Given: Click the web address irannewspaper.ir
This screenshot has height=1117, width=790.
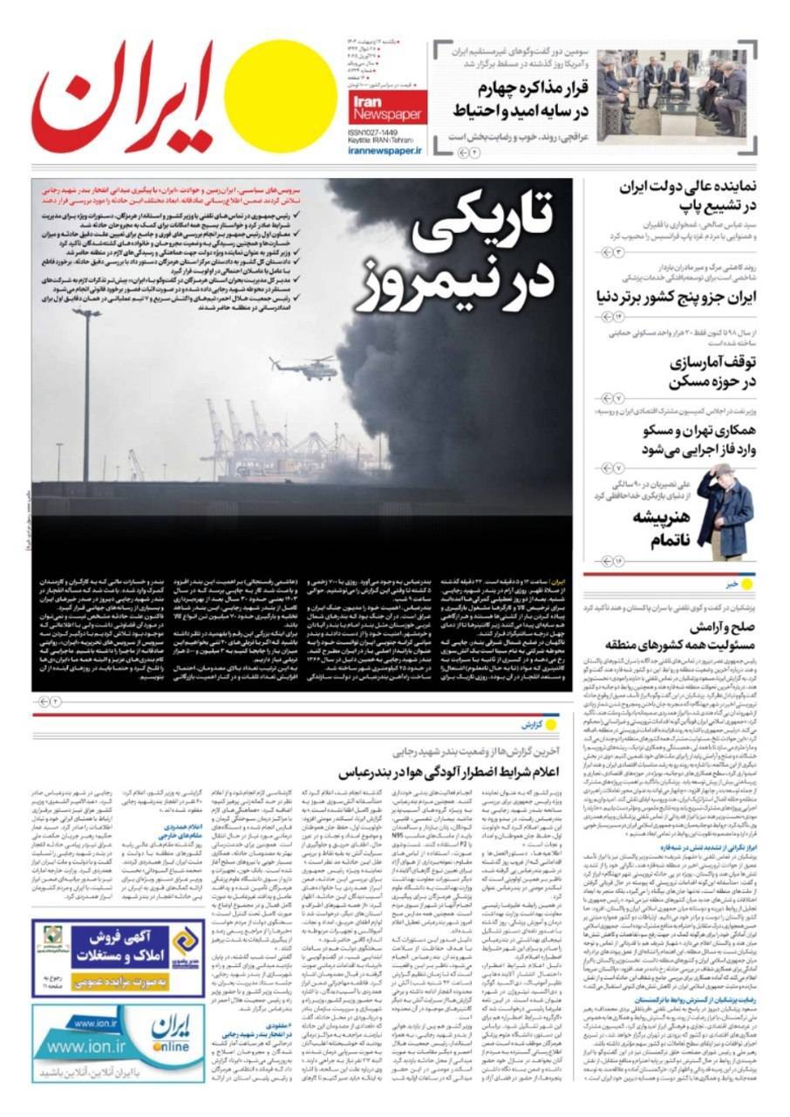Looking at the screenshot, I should (x=385, y=150).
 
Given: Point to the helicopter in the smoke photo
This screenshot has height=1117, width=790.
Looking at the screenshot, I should (x=303, y=365).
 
